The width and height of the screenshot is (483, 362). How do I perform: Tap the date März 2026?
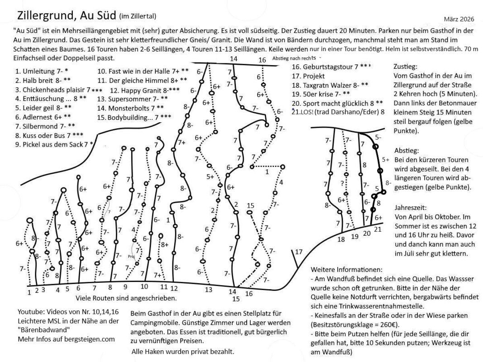pos(456,19)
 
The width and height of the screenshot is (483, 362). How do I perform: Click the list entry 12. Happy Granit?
pos(144,90)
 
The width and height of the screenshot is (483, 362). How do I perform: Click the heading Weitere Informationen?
pos(346,269)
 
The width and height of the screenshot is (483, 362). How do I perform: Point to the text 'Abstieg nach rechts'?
pos(294,58)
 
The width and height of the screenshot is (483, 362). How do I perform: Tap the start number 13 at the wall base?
pos(209,290)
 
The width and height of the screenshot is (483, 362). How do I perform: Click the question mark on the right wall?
pos(343,183)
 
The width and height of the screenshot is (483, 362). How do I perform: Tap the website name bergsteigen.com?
pos(90,338)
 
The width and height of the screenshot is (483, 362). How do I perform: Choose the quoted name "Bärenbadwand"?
pos(39,329)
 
